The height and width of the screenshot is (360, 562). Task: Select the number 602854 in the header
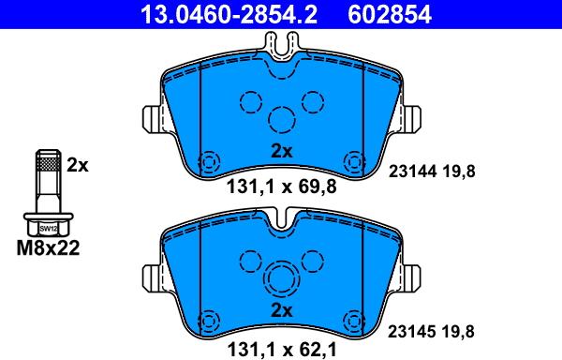click(x=385, y=13)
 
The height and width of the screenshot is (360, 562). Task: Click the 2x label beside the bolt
click(x=77, y=165)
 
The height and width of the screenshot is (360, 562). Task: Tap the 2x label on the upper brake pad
click(x=281, y=151)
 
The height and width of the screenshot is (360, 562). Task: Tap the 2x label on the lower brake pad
click(x=281, y=310)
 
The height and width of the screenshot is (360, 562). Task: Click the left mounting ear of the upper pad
click(x=153, y=118)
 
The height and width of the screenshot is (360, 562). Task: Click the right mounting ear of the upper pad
click(x=410, y=118)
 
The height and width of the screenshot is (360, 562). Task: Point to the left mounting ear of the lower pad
click(x=153, y=278)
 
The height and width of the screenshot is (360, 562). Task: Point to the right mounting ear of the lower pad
click(x=410, y=278)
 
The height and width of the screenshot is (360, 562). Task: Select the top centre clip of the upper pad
click(x=282, y=45)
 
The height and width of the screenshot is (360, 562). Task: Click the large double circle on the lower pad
click(x=281, y=278)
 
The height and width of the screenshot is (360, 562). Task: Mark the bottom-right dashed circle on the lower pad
click(x=354, y=319)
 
